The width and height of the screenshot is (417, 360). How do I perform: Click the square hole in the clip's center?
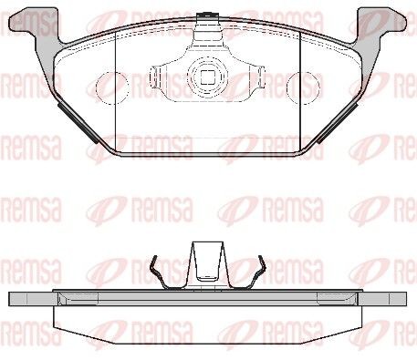208,77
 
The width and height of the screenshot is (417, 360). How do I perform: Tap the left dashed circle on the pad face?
110,88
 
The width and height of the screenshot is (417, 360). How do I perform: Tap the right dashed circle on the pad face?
303,88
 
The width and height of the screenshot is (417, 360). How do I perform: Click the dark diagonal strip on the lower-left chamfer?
78,122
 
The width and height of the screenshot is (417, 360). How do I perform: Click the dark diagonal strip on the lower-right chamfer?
337,122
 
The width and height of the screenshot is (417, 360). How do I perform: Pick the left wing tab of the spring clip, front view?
156,76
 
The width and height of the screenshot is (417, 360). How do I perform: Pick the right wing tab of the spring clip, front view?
259,76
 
